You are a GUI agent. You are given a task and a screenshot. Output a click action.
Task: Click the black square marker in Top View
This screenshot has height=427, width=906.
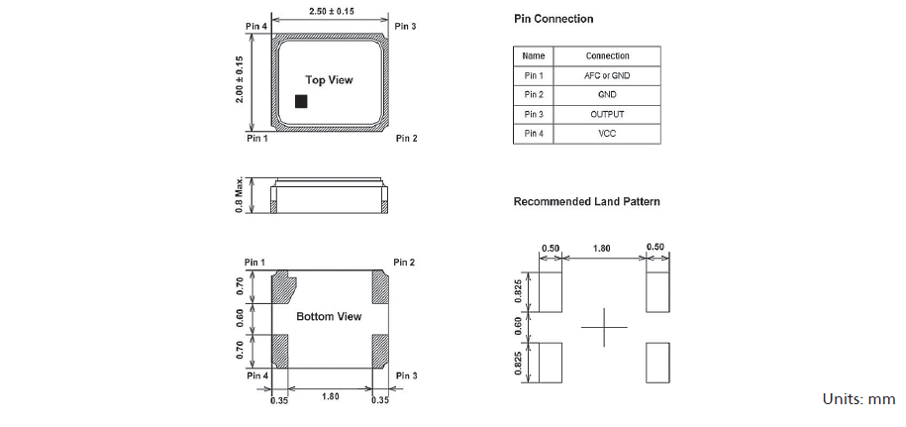tap(302, 101)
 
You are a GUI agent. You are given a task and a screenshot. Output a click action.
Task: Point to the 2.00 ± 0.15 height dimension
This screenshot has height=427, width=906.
tap(240, 79)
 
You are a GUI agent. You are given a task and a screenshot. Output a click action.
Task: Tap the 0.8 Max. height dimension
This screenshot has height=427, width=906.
tap(240, 196)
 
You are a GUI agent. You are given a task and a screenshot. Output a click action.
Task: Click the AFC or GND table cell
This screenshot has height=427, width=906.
tap(607, 75)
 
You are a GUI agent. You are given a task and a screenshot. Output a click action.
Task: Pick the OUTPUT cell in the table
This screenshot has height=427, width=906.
tap(607, 114)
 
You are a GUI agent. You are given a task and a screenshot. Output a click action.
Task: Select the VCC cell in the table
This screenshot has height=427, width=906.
tap(607, 134)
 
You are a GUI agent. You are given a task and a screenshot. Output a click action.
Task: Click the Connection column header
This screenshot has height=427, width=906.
tap(607, 55)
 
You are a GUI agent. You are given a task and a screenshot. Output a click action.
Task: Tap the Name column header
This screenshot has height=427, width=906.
tap(534, 55)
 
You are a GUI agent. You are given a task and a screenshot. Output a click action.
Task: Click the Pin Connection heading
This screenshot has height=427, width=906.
tap(554, 19)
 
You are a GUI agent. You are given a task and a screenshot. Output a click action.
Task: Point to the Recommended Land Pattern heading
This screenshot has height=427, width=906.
tap(586, 202)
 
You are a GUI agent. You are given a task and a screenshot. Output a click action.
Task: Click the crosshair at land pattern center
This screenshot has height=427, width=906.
tap(603, 328)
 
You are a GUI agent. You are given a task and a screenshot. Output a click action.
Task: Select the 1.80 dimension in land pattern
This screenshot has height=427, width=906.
tap(601, 248)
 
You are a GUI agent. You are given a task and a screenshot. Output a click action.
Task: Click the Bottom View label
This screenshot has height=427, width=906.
tap(329, 317)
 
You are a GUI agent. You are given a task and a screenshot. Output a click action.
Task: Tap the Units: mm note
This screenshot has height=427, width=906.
tap(857, 398)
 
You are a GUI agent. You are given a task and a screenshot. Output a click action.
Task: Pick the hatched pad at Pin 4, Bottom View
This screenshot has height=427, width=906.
tap(279, 349)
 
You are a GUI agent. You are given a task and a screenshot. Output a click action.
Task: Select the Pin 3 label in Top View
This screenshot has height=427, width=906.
tap(405, 26)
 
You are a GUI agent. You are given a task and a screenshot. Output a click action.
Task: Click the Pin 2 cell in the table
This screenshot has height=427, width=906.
tap(534, 95)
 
